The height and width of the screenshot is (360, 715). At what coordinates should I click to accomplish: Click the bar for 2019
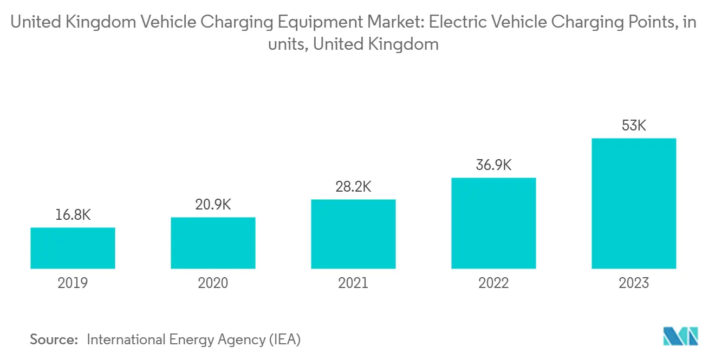point(73,248)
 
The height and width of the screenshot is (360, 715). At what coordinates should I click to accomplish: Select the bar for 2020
point(213,243)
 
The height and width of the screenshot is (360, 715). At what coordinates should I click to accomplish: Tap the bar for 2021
point(353,234)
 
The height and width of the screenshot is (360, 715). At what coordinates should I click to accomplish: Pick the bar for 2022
point(493,223)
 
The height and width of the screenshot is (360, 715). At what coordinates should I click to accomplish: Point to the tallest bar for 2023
point(634,204)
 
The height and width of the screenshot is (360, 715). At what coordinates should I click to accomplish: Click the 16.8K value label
point(73,215)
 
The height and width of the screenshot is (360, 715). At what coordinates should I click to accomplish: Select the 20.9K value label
point(213,205)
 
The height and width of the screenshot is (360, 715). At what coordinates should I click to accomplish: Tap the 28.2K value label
point(353,187)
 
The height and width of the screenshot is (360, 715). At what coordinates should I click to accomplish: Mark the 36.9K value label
point(493,165)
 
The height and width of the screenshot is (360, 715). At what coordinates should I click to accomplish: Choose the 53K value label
point(634,126)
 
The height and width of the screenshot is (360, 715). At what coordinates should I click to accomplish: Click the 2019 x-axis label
point(73,283)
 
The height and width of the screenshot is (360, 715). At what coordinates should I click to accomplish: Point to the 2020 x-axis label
point(213,283)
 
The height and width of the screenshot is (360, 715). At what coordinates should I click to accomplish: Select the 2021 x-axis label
point(353,283)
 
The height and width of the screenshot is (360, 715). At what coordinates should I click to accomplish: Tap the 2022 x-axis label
point(493,283)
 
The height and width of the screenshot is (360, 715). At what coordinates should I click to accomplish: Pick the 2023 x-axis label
point(634,283)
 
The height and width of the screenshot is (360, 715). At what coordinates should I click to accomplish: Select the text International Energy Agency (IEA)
point(193,339)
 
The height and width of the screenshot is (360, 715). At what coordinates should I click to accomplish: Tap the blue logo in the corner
point(680,336)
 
